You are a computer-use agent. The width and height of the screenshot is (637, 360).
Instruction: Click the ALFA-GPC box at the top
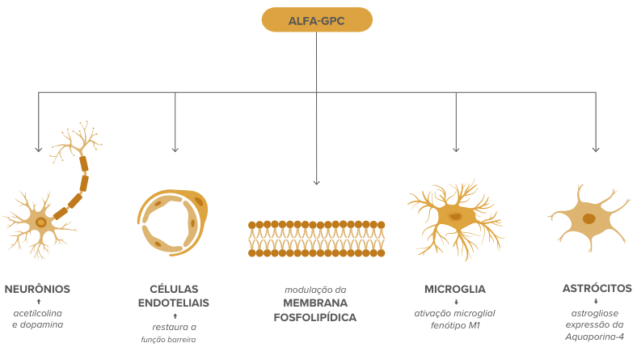click(x=317, y=20)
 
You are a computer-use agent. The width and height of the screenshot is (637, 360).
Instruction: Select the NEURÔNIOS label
click(x=37, y=290)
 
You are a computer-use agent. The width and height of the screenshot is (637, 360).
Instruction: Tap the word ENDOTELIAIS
click(x=174, y=303)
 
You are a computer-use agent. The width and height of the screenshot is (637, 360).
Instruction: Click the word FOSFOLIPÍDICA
click(x=314, y=317)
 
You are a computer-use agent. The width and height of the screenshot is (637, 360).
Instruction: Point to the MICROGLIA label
click(x=455, y=290)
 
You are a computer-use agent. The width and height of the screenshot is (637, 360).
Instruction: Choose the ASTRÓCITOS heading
click(x=597, y=289)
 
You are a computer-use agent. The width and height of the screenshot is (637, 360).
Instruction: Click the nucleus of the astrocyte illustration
click(x=588, y=219)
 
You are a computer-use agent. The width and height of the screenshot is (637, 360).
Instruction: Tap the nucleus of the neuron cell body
click(x=41, y=222)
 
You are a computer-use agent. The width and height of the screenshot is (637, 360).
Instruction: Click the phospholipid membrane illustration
click(x=316, y=239)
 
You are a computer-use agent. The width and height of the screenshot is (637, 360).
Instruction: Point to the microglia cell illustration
click(x=455, y=220)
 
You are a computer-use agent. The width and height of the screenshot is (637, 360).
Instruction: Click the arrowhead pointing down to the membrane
click(x=316, y=182)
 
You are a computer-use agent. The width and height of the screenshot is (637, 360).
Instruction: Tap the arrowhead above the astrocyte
click(x=596, y=150)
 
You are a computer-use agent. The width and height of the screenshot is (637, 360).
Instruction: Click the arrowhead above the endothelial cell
click(x=175, y=150)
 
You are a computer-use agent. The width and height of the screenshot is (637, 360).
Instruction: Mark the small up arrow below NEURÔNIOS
click(x=39, y=302)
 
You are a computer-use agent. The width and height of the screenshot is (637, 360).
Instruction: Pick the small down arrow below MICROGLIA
click(x=456, y=302)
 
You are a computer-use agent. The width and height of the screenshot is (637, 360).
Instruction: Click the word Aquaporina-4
click(x=594, y=337)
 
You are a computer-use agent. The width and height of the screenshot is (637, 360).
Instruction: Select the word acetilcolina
click(x=38, y=313)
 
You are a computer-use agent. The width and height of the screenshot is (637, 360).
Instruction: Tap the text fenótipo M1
click(x=455, y=325)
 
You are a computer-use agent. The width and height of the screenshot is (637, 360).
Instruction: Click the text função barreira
click(x=168, y=340)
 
